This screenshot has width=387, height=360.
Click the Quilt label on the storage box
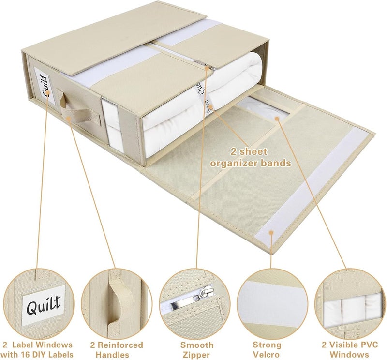tap(45, 86)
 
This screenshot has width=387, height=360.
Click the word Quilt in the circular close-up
tap(44, 305)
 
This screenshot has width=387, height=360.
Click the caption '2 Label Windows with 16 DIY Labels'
tap(38, 350)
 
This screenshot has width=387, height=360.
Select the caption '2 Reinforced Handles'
tap(117, 350)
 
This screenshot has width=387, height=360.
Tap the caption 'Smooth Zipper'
tap(197, 350)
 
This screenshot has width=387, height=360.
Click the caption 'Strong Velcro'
tap(267, 350)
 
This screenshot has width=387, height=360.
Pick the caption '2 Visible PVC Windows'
tap(349, 350)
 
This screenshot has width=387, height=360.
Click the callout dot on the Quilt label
tap(47, 93)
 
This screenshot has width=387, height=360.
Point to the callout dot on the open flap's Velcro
tap(271, 232)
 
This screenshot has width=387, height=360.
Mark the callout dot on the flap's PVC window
tap(277, 119)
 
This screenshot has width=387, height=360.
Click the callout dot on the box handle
tap(69, 118)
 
